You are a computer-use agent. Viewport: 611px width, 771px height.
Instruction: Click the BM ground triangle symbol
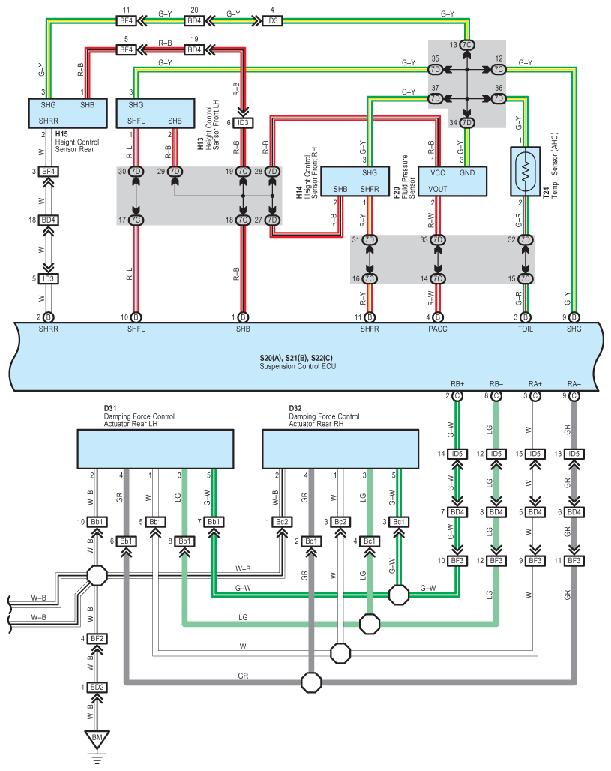pos(97,739)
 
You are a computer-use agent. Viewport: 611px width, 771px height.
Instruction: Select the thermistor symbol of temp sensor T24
pos(526,171)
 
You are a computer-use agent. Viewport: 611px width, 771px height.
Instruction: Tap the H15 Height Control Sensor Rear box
pos(67,113)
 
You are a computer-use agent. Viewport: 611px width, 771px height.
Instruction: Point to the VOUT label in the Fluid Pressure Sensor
pos(438,189)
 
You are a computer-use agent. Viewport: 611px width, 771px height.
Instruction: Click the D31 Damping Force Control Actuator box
pos(155,449)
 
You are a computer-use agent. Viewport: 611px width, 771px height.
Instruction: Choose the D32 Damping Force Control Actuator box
pos(340,449)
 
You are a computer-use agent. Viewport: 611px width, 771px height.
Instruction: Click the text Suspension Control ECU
pos(298,366)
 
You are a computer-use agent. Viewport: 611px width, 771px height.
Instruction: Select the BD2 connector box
pos(97,688)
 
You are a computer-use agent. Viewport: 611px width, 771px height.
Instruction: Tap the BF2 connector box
pos(97,639)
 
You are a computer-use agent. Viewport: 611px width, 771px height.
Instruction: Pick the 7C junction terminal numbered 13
pos(466,45)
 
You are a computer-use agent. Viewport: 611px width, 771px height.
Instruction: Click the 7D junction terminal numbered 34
pos(466,122)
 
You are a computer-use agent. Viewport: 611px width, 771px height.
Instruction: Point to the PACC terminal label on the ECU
pos(438,328)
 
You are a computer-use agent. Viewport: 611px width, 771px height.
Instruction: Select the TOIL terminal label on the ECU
pos(525,328)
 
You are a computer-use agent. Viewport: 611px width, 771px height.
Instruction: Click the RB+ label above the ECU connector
pos(457,383)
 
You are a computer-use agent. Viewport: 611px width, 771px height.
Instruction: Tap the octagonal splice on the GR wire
pos(311,682)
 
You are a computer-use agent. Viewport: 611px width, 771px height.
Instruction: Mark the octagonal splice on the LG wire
pos(370,624)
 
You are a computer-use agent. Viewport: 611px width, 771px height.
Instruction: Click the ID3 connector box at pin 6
pos(243,123)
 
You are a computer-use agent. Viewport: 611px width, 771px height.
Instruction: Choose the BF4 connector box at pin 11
pos(127,21)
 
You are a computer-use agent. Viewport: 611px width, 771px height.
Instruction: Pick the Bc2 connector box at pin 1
pos(282,522)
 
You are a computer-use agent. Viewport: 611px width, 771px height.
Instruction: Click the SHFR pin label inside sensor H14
pos(369,189)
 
